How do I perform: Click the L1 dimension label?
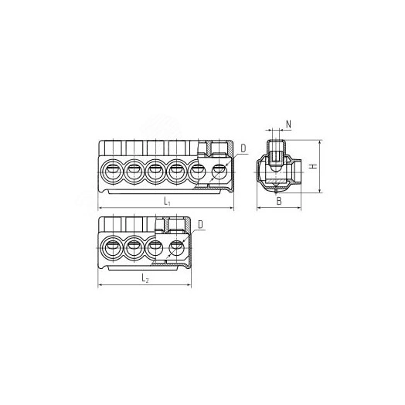point(167,201)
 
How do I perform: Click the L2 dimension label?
point(145,278)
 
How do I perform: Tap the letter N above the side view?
point(288,124)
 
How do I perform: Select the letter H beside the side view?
point(313,166)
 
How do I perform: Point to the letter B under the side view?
point(279,201)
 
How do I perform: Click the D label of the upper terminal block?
point(243,148)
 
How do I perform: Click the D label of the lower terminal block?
point(201,225)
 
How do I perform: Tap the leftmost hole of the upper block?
point(113,172)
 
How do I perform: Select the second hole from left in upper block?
point(134,172)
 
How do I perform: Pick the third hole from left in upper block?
point(155,172)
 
